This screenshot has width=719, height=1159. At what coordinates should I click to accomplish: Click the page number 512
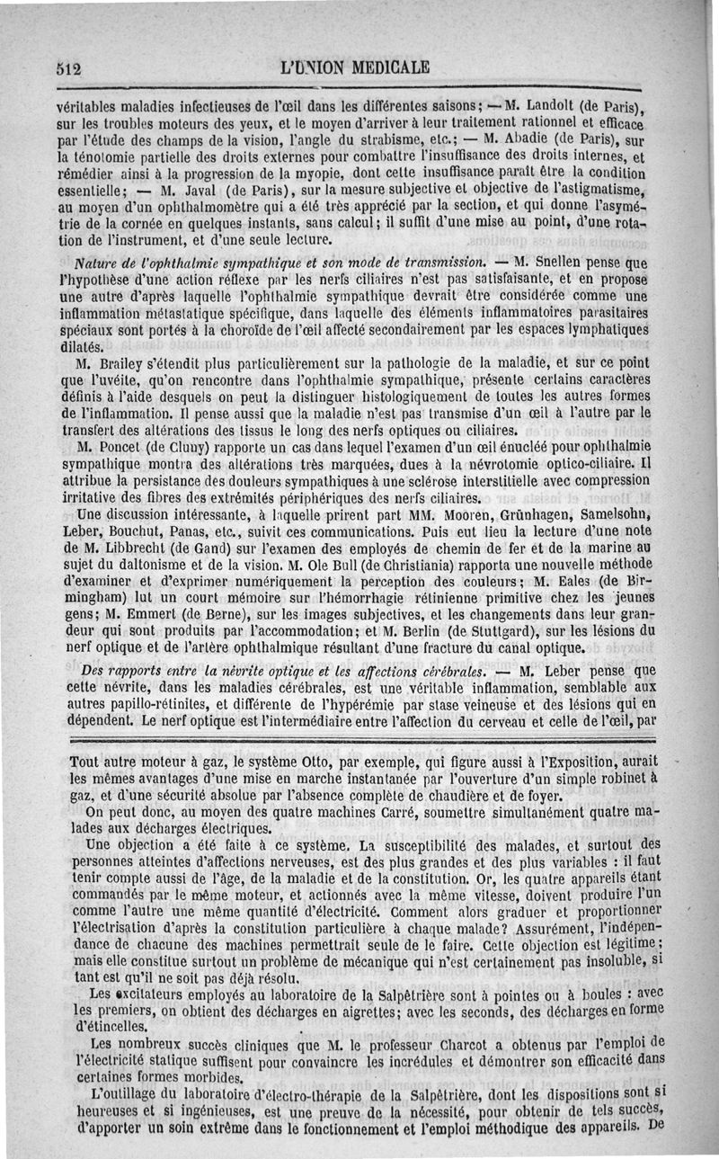69,67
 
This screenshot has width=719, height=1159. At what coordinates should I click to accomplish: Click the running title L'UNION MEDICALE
355,67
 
